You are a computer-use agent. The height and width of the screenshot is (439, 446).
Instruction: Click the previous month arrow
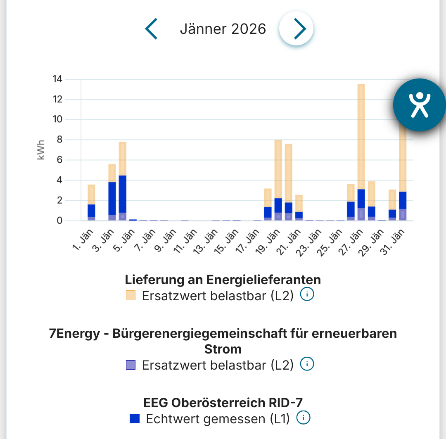tap(152, 29)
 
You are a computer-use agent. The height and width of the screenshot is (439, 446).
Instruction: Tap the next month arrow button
tap(297, 29)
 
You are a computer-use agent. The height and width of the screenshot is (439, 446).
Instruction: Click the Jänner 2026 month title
tap(223, 29)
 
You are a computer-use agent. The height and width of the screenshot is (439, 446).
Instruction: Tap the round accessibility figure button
tap(420, 104)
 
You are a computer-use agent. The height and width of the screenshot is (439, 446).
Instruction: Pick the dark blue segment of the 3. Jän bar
tap(112, 198)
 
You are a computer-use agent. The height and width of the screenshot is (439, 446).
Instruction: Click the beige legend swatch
tap(130, 295)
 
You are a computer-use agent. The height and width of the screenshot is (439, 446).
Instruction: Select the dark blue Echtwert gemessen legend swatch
tap(135, 418)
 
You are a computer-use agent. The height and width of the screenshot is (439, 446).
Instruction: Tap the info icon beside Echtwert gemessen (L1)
tap(304, 418)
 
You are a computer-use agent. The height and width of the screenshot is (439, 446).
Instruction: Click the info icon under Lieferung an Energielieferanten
tap(307, 295)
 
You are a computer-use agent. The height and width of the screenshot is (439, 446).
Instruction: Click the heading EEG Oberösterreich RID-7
tap(226, 402)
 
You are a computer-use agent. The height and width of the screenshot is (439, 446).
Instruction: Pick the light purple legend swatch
tap(130, 365)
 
